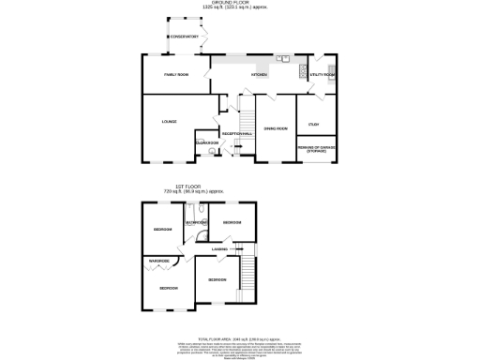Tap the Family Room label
pos(177,74)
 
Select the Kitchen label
pos(259,74)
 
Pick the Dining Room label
pos(275,127)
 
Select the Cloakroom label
pos(206,143)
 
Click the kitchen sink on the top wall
pos(282,58)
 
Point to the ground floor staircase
pos(247,120)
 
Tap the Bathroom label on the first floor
pos(195,222)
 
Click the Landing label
pos(220,248)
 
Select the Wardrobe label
pos(157,260)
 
